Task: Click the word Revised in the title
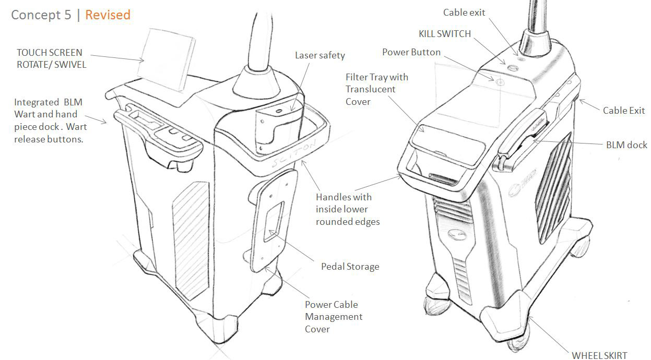point(108,15)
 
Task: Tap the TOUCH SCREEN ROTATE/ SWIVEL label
point(51,59)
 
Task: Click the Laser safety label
point(319,55)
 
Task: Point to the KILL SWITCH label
point(445,34)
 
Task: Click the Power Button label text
point(411,52)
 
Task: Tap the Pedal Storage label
point(350,267)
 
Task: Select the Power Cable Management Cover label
point(334,317)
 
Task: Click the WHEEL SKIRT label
point(599,355)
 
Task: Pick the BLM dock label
point(626,145)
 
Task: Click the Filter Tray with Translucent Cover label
point(376,89)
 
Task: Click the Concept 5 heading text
point(41,15)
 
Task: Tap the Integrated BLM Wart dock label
point(50,121)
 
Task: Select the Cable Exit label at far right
point(623,111)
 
